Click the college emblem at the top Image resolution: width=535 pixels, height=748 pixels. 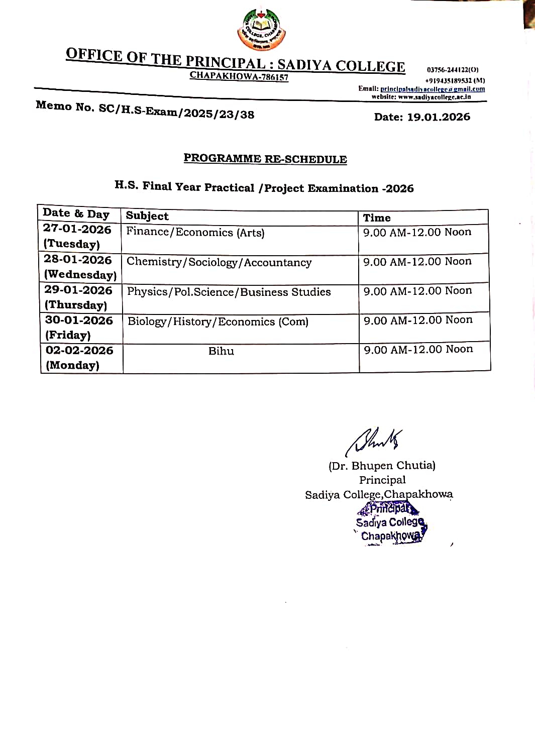pos(261,29)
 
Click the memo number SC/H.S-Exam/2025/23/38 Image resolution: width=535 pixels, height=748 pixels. pos(176,112)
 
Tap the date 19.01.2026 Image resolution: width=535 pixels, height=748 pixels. pos(438,117)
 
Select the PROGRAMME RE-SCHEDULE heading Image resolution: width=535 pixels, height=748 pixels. pos(265,159)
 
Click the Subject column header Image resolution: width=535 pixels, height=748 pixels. pos(147,216)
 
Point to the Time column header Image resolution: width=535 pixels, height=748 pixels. pos(377,218)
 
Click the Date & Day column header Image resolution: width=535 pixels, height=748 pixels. pos(76,213)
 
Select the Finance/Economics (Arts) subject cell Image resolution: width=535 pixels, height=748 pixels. pos(195,232)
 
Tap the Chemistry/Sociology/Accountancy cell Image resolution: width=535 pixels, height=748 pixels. pos(219,262)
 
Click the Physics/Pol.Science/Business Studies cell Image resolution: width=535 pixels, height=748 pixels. pos(229,292)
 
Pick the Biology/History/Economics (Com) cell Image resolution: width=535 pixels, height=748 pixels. pos(218,322)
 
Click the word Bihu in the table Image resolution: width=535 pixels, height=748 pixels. pos(221,351)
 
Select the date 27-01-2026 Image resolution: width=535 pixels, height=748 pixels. pos(77,229)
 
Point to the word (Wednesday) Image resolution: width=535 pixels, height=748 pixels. pos(80,275)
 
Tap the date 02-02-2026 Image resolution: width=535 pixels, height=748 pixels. pos(79,351)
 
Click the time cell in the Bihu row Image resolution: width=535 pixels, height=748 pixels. pos(418,350)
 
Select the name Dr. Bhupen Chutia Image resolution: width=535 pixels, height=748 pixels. pos(382,466)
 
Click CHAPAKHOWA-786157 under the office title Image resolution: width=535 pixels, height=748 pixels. pos(239,77)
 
